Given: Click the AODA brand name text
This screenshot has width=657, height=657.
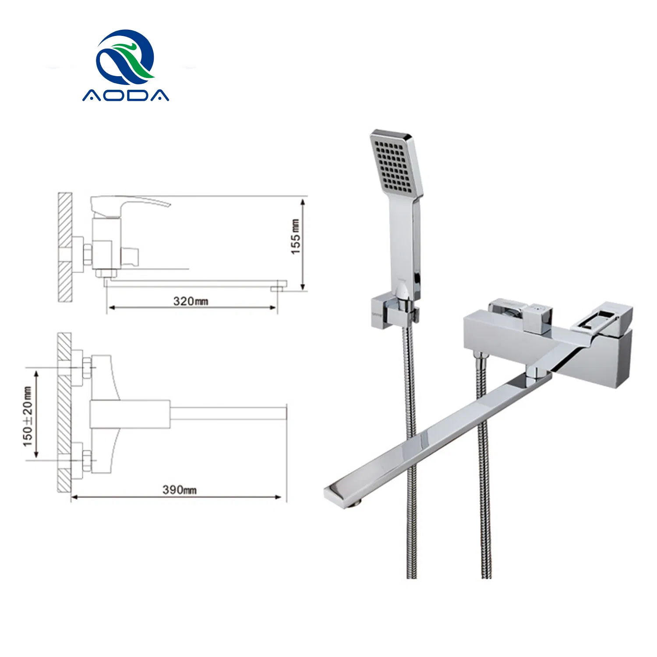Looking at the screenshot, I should tap(126, 95).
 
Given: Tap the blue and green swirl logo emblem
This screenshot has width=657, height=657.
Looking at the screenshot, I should tap(126, 57).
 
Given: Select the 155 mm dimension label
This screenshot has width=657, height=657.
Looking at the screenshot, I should tap(296, 237).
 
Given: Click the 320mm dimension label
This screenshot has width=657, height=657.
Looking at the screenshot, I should tap(191, 301).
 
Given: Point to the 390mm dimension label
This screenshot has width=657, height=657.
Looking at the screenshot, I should tap(180, 490).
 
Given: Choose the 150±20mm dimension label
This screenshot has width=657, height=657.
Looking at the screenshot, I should tap(28, 416).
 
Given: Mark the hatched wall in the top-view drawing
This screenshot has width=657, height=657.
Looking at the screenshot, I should tap(64, 412).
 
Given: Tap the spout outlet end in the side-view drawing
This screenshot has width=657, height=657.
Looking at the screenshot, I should tap(279, 288).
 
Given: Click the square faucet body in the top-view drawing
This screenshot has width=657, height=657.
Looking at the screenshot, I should tap(130, 414).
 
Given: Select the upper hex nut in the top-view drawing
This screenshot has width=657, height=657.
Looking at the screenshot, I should tap(87, 367).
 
